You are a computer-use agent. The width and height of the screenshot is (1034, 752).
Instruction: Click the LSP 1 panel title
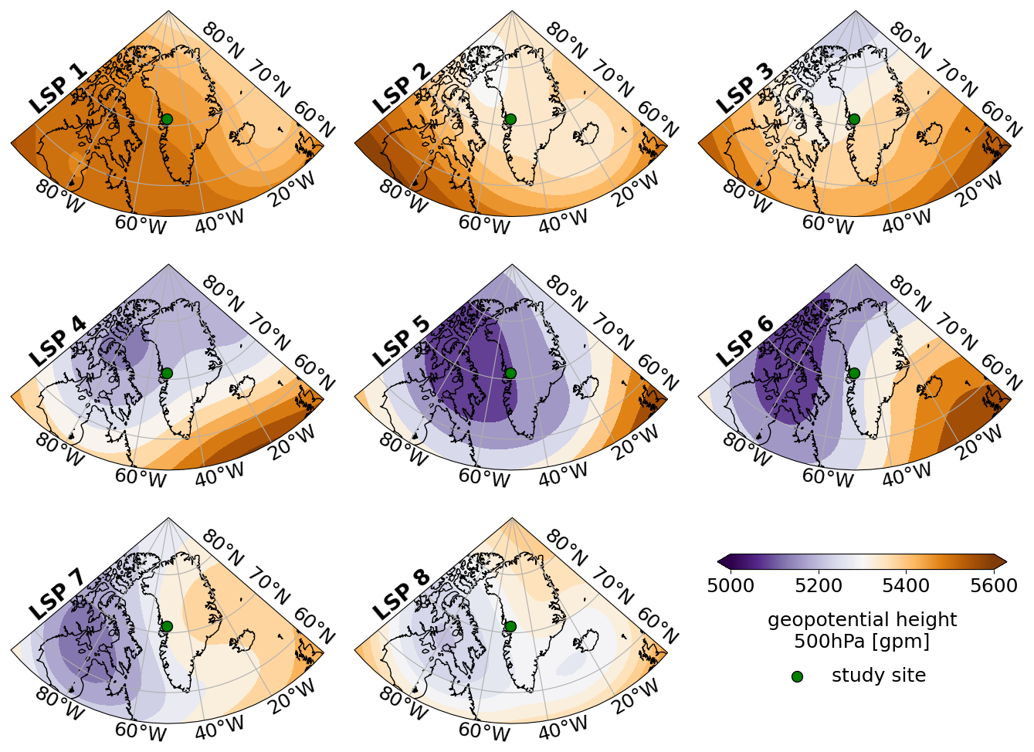pos(58,88)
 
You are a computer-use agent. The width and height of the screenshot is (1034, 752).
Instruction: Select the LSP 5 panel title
pos(402,342)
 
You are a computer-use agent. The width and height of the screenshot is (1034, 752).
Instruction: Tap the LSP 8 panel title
pos(402,594)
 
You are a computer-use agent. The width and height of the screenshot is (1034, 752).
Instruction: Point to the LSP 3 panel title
pos(745,88)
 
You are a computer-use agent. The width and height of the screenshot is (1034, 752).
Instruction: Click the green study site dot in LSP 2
pos(510,119)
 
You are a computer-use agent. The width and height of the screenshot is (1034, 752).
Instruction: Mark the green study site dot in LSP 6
pos(853,373)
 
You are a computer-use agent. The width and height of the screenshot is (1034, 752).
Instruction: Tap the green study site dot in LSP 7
pos(166,626)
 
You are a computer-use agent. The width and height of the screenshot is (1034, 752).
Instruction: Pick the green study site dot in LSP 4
pos(166,373)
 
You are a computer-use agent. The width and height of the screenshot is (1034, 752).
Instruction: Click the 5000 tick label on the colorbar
pos(731,586)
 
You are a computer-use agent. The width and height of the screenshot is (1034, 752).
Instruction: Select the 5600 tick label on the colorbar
pos(994,586)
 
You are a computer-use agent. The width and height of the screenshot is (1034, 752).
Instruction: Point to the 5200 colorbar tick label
pos(819,586)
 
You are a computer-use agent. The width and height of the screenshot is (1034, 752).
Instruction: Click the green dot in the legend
pos(797,676)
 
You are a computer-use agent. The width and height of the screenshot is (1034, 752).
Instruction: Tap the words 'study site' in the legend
pos(878,676)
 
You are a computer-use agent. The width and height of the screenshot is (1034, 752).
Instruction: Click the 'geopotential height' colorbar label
pos(862,620)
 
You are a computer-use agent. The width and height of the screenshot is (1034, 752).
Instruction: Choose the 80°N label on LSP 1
pos(222,42)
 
